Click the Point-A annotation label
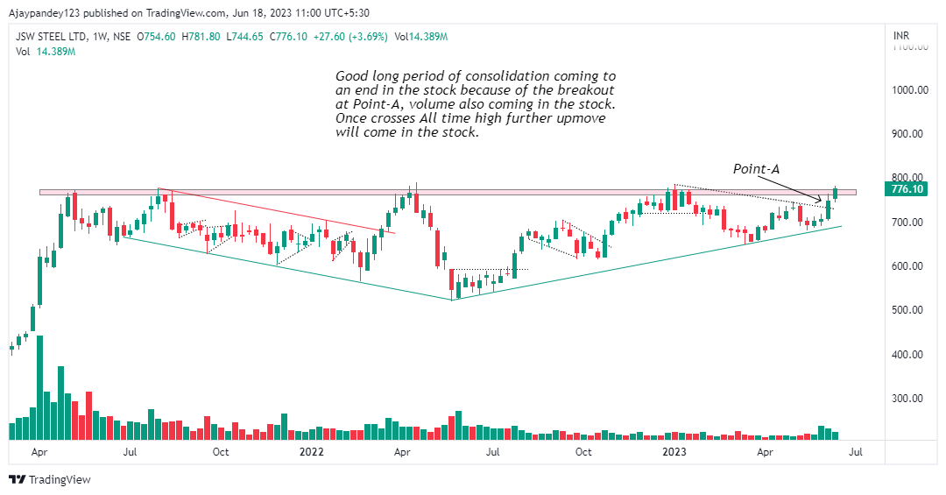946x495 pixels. click(756, 167)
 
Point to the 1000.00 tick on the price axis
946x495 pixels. click(910, 90)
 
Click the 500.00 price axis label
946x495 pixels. click(910, 310)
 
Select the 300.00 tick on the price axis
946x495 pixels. click(910, 398)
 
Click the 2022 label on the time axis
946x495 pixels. click(312, 452)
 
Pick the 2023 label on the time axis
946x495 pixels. click(674, 452)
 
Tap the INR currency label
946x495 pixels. click(900, 36)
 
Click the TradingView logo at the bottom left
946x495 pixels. click(50, 479)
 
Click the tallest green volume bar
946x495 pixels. click(39, 386)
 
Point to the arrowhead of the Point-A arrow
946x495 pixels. click(824, 202)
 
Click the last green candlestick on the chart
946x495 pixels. click(836, 194)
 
